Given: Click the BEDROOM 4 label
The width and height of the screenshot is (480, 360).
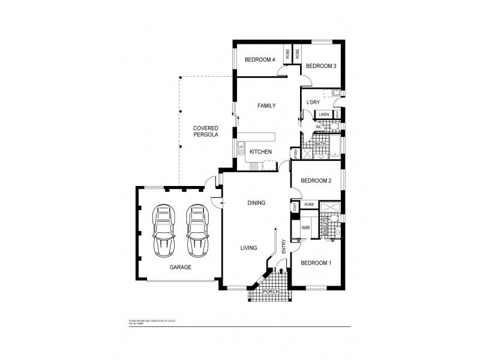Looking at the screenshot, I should pos(260,60).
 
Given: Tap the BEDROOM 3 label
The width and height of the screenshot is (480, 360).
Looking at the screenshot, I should pos(320,65).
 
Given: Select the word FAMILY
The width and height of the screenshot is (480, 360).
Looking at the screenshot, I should pos(266,106).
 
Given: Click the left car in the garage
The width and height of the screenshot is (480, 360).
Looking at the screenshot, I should pos(163,230).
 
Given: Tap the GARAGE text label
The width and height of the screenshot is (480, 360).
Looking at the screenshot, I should pos(179,267).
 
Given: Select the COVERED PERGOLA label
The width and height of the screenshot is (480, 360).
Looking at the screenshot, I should pos(205,132).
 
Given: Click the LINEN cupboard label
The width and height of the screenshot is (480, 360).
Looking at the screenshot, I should pos(324,114).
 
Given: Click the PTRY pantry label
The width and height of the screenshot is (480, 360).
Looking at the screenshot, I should pos(296,154).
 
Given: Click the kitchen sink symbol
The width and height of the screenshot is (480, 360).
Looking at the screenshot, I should pos(242,146).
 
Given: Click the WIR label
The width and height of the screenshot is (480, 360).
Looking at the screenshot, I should pos(305,228).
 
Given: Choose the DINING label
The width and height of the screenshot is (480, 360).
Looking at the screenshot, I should pos(256,203).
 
